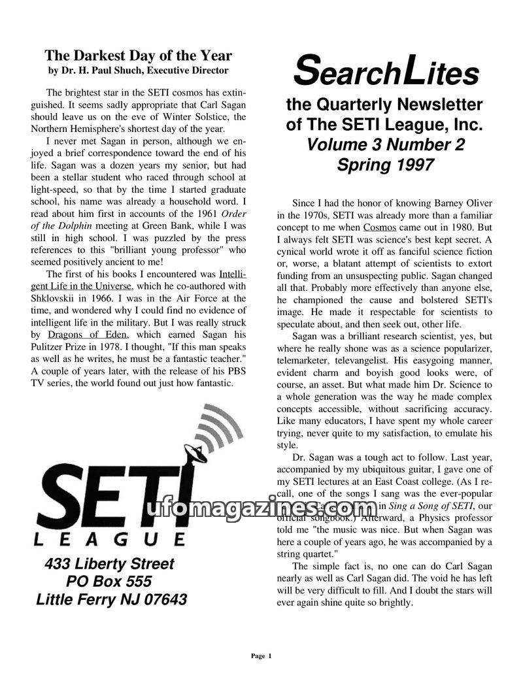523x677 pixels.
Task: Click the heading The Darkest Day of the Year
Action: (x=138, y=56)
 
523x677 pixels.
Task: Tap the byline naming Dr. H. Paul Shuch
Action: (x=138, y=70)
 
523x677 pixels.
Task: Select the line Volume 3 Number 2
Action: (x=386, y=144)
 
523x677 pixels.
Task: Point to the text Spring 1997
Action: (x=385, y=165)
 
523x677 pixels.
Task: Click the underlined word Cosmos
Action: (x=379, y=228)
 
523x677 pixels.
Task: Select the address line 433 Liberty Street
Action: (x=109, y=564)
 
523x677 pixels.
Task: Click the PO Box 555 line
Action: (x=109, y=582)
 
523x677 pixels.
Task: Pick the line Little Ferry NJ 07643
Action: (x=111, y=599)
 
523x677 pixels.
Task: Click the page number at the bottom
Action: (x=261, y=655)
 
